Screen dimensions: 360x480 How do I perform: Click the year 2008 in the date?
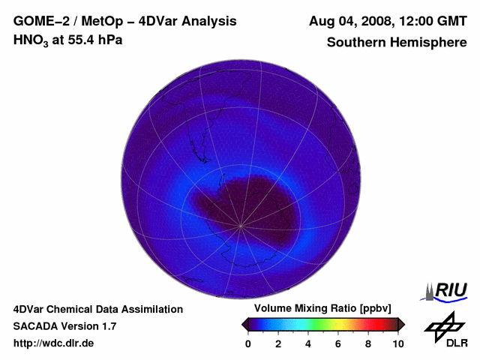pos(381,21)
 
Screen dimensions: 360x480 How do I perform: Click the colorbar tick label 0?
pos(248,343)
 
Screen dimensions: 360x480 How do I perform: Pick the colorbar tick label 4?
pos(308,343)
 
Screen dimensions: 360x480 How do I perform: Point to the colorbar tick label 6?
pos(338,343)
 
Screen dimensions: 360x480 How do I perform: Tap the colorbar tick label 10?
pos(397,343)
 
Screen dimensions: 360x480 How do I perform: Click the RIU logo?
pos(448,291)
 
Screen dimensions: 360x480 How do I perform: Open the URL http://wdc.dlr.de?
pos(54,343)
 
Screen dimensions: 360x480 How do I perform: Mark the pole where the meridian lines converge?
pos(241,225)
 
